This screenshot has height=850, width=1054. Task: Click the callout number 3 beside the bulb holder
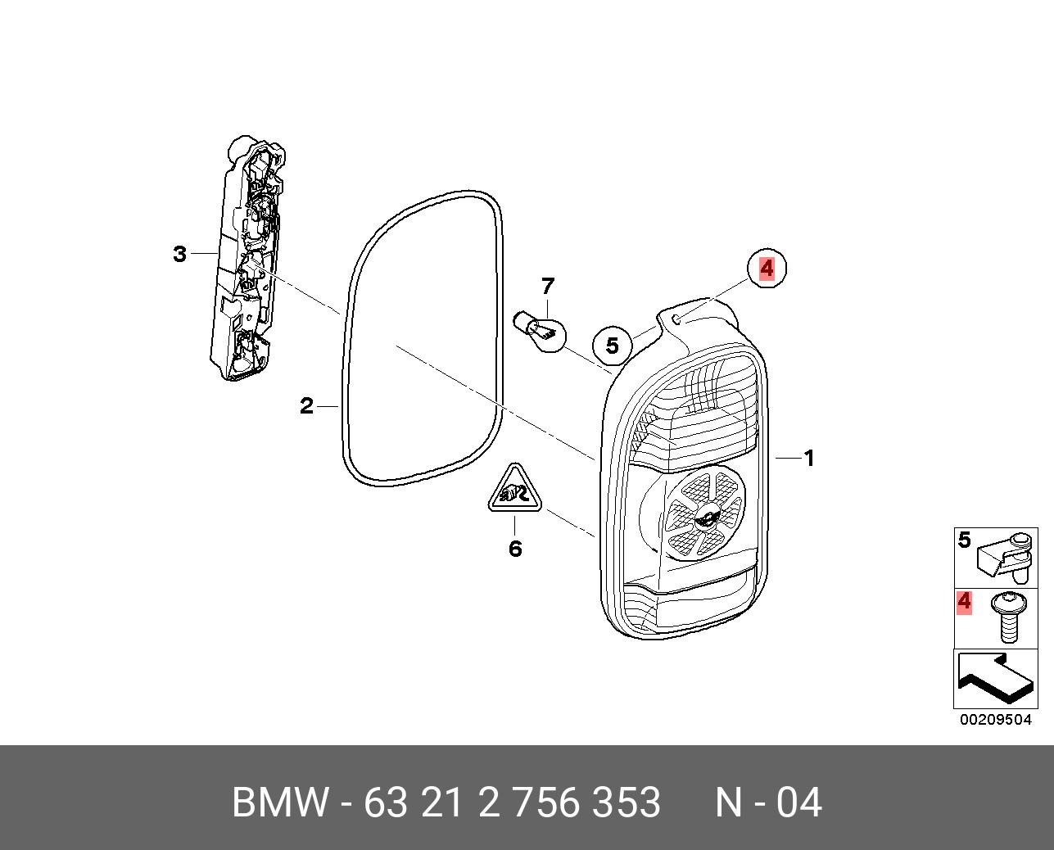[180, 254]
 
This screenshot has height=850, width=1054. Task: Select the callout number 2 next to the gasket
[306, 405]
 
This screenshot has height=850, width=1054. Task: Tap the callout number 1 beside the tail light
[809, 459]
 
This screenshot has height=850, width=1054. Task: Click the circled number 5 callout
[613, 346]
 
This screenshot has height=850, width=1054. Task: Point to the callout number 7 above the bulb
[548, 287]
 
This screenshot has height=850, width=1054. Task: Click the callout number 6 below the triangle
[514, 549]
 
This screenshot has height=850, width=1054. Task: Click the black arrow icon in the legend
[993, 679]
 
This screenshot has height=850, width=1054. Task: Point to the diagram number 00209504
[996, 721]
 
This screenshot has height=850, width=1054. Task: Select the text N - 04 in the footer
[767, 803]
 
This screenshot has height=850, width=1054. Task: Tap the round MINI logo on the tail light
[703, 517]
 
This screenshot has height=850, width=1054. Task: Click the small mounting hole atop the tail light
[676, 317]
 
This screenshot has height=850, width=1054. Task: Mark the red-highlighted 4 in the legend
[964, 602]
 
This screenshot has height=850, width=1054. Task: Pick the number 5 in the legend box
[964, 540]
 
